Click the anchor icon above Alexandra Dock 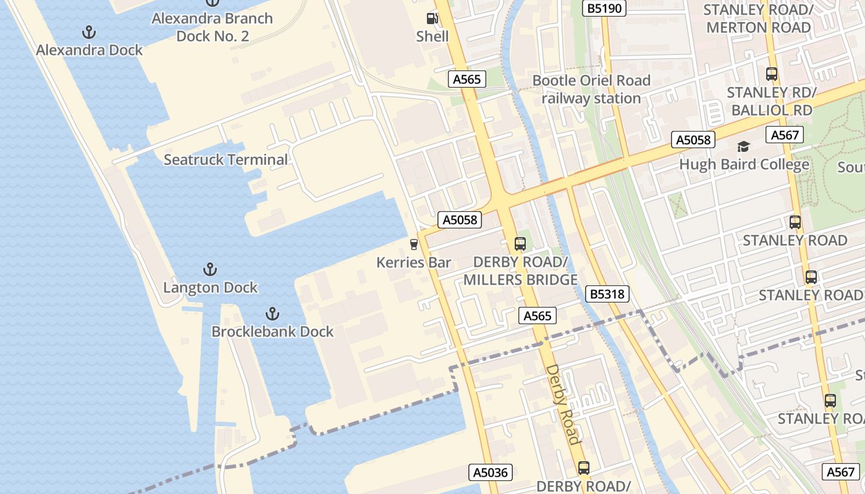[90, 31]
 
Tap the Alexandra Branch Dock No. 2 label [213, 27]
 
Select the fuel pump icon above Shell [432, 19]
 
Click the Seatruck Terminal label [226, 160]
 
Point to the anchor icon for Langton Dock [210, 269]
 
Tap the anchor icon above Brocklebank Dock [272, 314]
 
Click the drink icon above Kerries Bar [413, 245]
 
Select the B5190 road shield [605, 8]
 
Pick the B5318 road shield [607, 295]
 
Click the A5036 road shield [490, 473]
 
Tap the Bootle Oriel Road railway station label [591, 90]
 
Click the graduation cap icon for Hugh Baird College [743, 147]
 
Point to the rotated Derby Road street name [563, 404]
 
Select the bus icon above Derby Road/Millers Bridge [520, 243]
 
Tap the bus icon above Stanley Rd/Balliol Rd [772, 74]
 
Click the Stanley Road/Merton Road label [758, 19]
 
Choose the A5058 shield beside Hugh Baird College [693, 140]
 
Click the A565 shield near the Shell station [466, 79]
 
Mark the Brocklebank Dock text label [272, 332]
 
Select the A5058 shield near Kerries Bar [460, 220]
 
